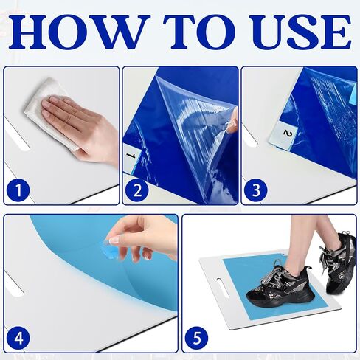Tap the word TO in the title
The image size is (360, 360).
pos(199,32)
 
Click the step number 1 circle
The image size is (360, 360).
pos(18,190)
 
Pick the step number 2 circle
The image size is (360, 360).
pos(137,190)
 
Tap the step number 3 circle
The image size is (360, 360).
pos(256,190)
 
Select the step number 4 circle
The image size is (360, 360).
pos(18,338)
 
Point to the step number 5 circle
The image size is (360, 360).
pos(197,338)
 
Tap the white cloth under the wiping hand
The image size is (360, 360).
pos(49,111)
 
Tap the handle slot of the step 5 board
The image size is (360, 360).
pos(224,288)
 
